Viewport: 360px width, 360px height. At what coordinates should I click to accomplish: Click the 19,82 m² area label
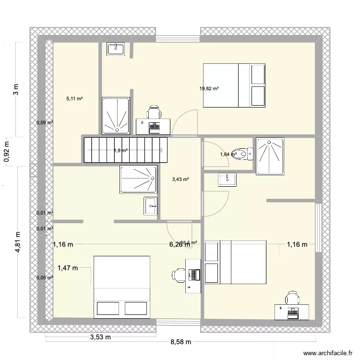[x=209, y=88]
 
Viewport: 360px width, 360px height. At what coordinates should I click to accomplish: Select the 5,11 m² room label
[x=74, y=99]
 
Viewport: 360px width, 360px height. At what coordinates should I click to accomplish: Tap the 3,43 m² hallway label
[x=180, y=180]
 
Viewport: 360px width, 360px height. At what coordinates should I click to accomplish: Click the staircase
[x=126, y=150]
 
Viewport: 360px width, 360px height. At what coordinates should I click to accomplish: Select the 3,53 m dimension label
[x=100, y=337]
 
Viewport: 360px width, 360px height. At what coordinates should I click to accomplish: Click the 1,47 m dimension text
[x=67, y=268]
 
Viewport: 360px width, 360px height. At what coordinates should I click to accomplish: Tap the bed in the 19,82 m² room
[x=234, y=85]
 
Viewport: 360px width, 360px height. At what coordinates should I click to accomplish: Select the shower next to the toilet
[x=270, y=156]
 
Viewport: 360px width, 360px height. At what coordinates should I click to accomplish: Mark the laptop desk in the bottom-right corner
[x=290, y=312]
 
